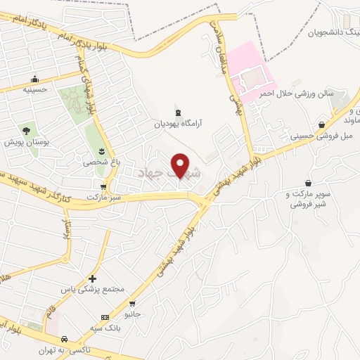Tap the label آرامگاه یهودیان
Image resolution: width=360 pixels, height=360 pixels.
(179, 122)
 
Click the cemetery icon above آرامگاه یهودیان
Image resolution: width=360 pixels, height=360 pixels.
(178, 110)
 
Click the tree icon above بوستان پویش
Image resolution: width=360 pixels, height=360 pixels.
(26, 131)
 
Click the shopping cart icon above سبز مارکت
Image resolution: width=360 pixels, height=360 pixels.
(104, 187)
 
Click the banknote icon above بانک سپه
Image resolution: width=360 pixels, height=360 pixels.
(105, 317)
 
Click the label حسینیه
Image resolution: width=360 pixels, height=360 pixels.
(34, 89)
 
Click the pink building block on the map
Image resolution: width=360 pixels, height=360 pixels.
(247, 71)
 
